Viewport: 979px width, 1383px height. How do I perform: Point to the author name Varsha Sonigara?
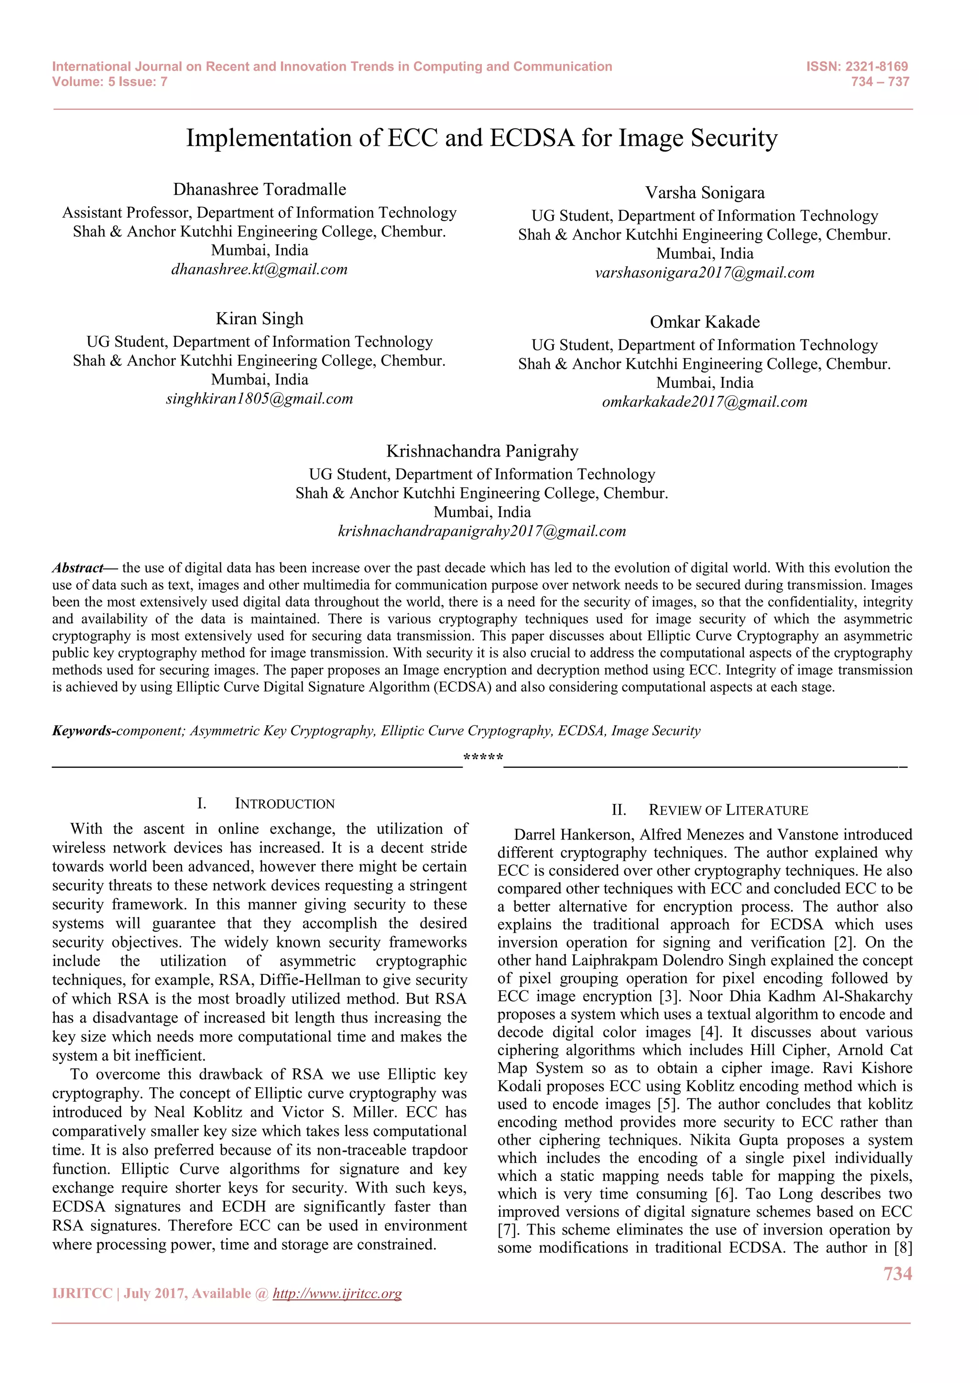[x=704, y=193]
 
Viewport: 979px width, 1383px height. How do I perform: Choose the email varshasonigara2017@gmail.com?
[x=704, y=273]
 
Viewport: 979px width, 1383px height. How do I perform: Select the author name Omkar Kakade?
[x=704, y=322]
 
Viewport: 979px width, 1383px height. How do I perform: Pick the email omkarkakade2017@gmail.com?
[x=704, y=403]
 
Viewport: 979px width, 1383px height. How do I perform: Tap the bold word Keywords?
[x=82, y=731]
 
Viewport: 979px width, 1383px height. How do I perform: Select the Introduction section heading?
[x=284, y=804]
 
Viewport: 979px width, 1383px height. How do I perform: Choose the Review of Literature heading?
[x=728, y=810]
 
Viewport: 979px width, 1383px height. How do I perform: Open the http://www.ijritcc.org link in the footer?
[x=337, y=1293]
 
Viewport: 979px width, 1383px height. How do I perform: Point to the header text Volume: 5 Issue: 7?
[x=110, y=82]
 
